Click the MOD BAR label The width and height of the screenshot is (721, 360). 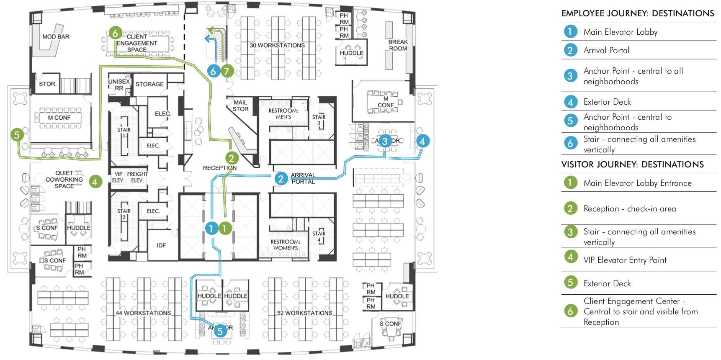click(56, 37)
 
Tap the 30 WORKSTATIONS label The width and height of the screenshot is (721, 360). click(277, 45)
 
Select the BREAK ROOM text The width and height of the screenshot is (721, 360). click(398, 45)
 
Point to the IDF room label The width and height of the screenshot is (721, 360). click(161, 245)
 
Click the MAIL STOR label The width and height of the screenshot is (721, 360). click(240, 105)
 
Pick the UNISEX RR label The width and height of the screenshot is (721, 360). click(119, 85)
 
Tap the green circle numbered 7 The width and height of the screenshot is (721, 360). click(227, 71)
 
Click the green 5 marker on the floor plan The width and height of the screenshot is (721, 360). click(17, 135)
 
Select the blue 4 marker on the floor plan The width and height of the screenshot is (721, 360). click(422, 141)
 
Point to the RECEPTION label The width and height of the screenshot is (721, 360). click(219, 168)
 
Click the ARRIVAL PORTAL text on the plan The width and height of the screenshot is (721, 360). click(303, 178)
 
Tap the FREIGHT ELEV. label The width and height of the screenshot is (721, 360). click(137, 177)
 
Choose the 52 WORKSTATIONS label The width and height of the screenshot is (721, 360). click(304, 313)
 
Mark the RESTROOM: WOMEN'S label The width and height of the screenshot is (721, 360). click(285, 245)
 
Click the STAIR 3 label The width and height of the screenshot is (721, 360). click(319, 120)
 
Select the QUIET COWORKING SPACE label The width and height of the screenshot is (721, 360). click(64, 180)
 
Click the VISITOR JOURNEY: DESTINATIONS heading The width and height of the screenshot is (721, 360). click(632, 165)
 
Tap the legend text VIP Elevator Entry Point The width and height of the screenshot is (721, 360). click(625, 260)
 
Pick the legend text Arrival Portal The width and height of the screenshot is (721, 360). click(606, 51)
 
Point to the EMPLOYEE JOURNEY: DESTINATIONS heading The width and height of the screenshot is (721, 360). click(638, 13)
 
